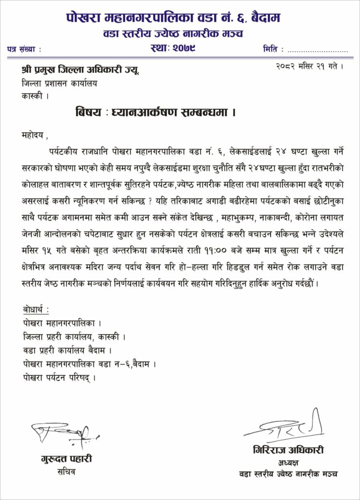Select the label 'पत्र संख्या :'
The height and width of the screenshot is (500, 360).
[24, 49]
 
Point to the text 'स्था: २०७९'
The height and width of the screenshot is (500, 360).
[174, 48]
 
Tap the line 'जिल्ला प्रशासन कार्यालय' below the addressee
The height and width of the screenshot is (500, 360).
[59, 83]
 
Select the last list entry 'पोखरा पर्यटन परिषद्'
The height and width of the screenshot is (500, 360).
[59, 377]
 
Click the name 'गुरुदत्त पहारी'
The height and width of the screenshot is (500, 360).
[66, 459]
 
